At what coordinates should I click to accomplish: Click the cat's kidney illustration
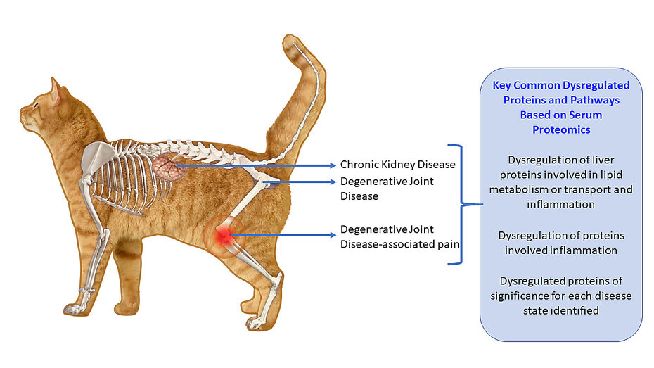[x=168, y=167]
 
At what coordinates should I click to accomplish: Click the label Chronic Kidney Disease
[x=397, y=165]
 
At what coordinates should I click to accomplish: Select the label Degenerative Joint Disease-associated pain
[x=399, y=236]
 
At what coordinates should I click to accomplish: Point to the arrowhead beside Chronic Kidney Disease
[x=333, y=165]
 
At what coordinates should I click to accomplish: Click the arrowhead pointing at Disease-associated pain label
[x=333, y=235]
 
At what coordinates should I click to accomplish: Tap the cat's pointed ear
[x=56, y=91]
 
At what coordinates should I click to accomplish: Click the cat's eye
[x=36, y=104]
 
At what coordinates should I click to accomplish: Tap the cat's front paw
[x=75, y=309]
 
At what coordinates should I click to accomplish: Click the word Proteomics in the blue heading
[x=561, y=129]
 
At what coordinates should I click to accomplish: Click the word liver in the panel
[x=604, y=160]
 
